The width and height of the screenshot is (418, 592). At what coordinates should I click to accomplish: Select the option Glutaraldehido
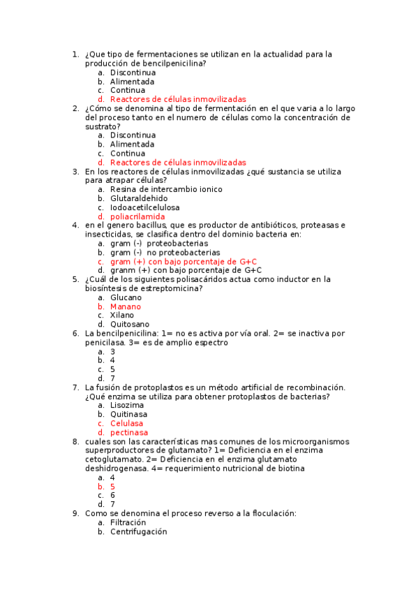[x=138, y=198]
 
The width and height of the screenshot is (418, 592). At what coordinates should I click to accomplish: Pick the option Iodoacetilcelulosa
[x=144, y=207]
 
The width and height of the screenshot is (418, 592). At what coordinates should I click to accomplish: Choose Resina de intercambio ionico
[x=166, y=189]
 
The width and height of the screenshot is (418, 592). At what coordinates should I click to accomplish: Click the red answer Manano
[x=125, y=306]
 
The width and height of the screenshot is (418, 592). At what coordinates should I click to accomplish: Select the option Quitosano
[x=129, y=325]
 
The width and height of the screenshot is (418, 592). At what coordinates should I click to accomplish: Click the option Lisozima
[x=126, y=406]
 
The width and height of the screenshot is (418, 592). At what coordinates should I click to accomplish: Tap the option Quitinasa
[x=129, y=415]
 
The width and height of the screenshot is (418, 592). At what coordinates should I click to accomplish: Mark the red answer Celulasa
[x=126, y=424]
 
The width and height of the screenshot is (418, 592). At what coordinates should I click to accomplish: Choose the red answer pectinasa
[x=128, y=433]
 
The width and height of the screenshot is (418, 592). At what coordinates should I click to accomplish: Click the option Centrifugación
[x=138, y=531]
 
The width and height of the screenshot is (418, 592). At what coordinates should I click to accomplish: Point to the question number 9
[x=75, y=514]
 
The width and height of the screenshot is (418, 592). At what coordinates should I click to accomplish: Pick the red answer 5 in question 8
[x=112, y=487]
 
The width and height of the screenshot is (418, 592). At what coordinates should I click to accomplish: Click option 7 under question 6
[x=112, y=378]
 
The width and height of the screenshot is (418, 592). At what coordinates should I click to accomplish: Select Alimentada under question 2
[x=132, y=145]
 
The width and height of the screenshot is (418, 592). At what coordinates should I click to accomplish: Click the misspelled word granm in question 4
[x=122, y=270]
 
